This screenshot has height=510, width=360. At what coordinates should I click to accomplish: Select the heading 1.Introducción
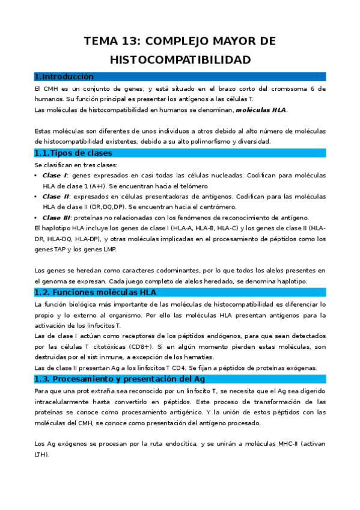[x=64, y=76]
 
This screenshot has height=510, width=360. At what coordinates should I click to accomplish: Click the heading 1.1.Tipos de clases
[x=73, y=153]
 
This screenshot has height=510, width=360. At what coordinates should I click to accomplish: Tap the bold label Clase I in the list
[x=54, y=175]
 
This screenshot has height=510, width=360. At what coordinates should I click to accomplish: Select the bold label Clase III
[x=57, y=217]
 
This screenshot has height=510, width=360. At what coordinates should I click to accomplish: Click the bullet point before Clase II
[x=37, y=197]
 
